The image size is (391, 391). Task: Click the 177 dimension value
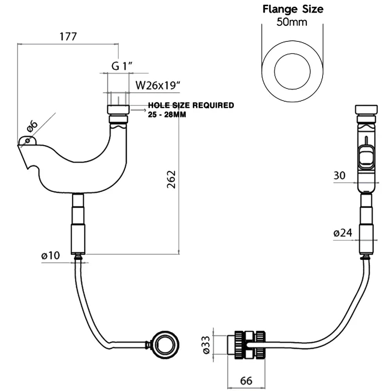click(68, 36)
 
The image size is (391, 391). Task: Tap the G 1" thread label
click(123, 66)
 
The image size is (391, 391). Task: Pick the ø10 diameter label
click(50, 256)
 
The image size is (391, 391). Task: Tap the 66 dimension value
click(246, 380)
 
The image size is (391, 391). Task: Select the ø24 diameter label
click(343, 233)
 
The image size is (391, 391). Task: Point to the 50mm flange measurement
click(292, 22)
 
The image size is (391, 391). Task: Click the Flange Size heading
click(292, 9)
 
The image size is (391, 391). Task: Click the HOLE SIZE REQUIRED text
click(191, 105)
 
